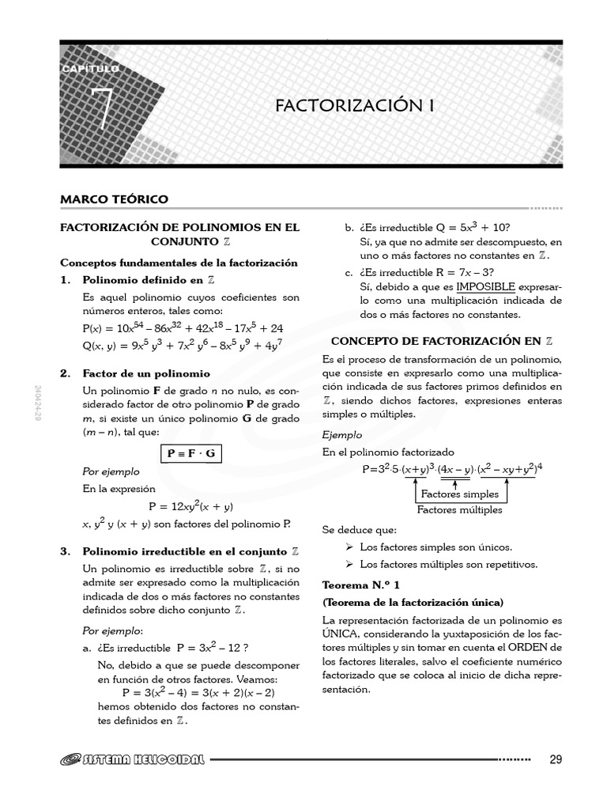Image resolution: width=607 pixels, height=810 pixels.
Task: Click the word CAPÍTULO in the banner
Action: click(90, 70)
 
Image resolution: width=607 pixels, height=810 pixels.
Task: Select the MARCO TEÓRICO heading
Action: click(115, 199)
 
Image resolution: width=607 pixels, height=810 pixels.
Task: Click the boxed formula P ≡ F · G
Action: click(190, 453)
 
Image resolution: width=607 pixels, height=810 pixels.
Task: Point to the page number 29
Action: click(556, 760)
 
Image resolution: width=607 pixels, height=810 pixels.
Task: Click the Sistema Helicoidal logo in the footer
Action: click(133, 760)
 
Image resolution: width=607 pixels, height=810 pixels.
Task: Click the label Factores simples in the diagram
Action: click(460, 494)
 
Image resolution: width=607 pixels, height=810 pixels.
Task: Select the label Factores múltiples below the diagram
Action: click(459, 510)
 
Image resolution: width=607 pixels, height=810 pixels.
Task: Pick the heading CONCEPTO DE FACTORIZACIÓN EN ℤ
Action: click(441, 341)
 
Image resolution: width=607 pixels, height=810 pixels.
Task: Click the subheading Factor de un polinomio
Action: click(146, 373)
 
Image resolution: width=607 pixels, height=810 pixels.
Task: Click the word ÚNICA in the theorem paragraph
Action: click(342, 634)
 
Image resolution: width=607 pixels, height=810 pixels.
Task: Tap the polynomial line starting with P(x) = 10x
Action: click(183, 327)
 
